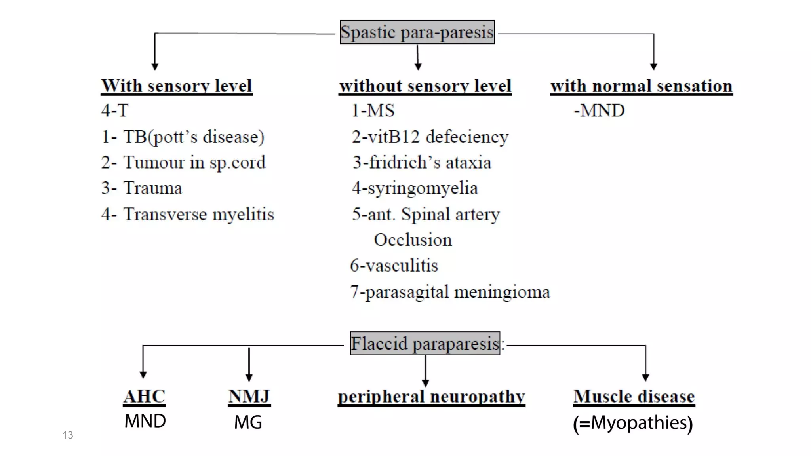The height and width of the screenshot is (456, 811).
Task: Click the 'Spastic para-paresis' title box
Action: [x=417, y=32]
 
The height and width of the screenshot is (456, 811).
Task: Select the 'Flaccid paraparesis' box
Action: [x=425, y=344]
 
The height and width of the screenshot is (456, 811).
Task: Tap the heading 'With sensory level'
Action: [x=177, y=86]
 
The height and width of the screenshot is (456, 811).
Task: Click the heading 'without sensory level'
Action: [x=425, y=86]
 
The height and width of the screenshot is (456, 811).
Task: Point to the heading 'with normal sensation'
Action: [x=642, y=86]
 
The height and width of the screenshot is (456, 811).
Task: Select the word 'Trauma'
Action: [x=152, y=188]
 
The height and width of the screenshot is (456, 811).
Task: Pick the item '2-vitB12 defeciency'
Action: [x=430, y=137]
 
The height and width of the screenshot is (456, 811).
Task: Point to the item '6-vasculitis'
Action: [x=394, y=266]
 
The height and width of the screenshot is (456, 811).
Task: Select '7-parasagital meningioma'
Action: [x=450, y=292]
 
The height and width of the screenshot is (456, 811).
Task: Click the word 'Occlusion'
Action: [x=413, y=240]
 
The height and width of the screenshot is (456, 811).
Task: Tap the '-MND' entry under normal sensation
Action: [x=599, y=110]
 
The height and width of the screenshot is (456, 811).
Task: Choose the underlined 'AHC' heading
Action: [x=145, y=396]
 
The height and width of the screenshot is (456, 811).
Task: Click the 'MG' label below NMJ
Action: [x=248, y=422]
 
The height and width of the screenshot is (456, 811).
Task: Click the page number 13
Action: [x=68, y=435]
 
